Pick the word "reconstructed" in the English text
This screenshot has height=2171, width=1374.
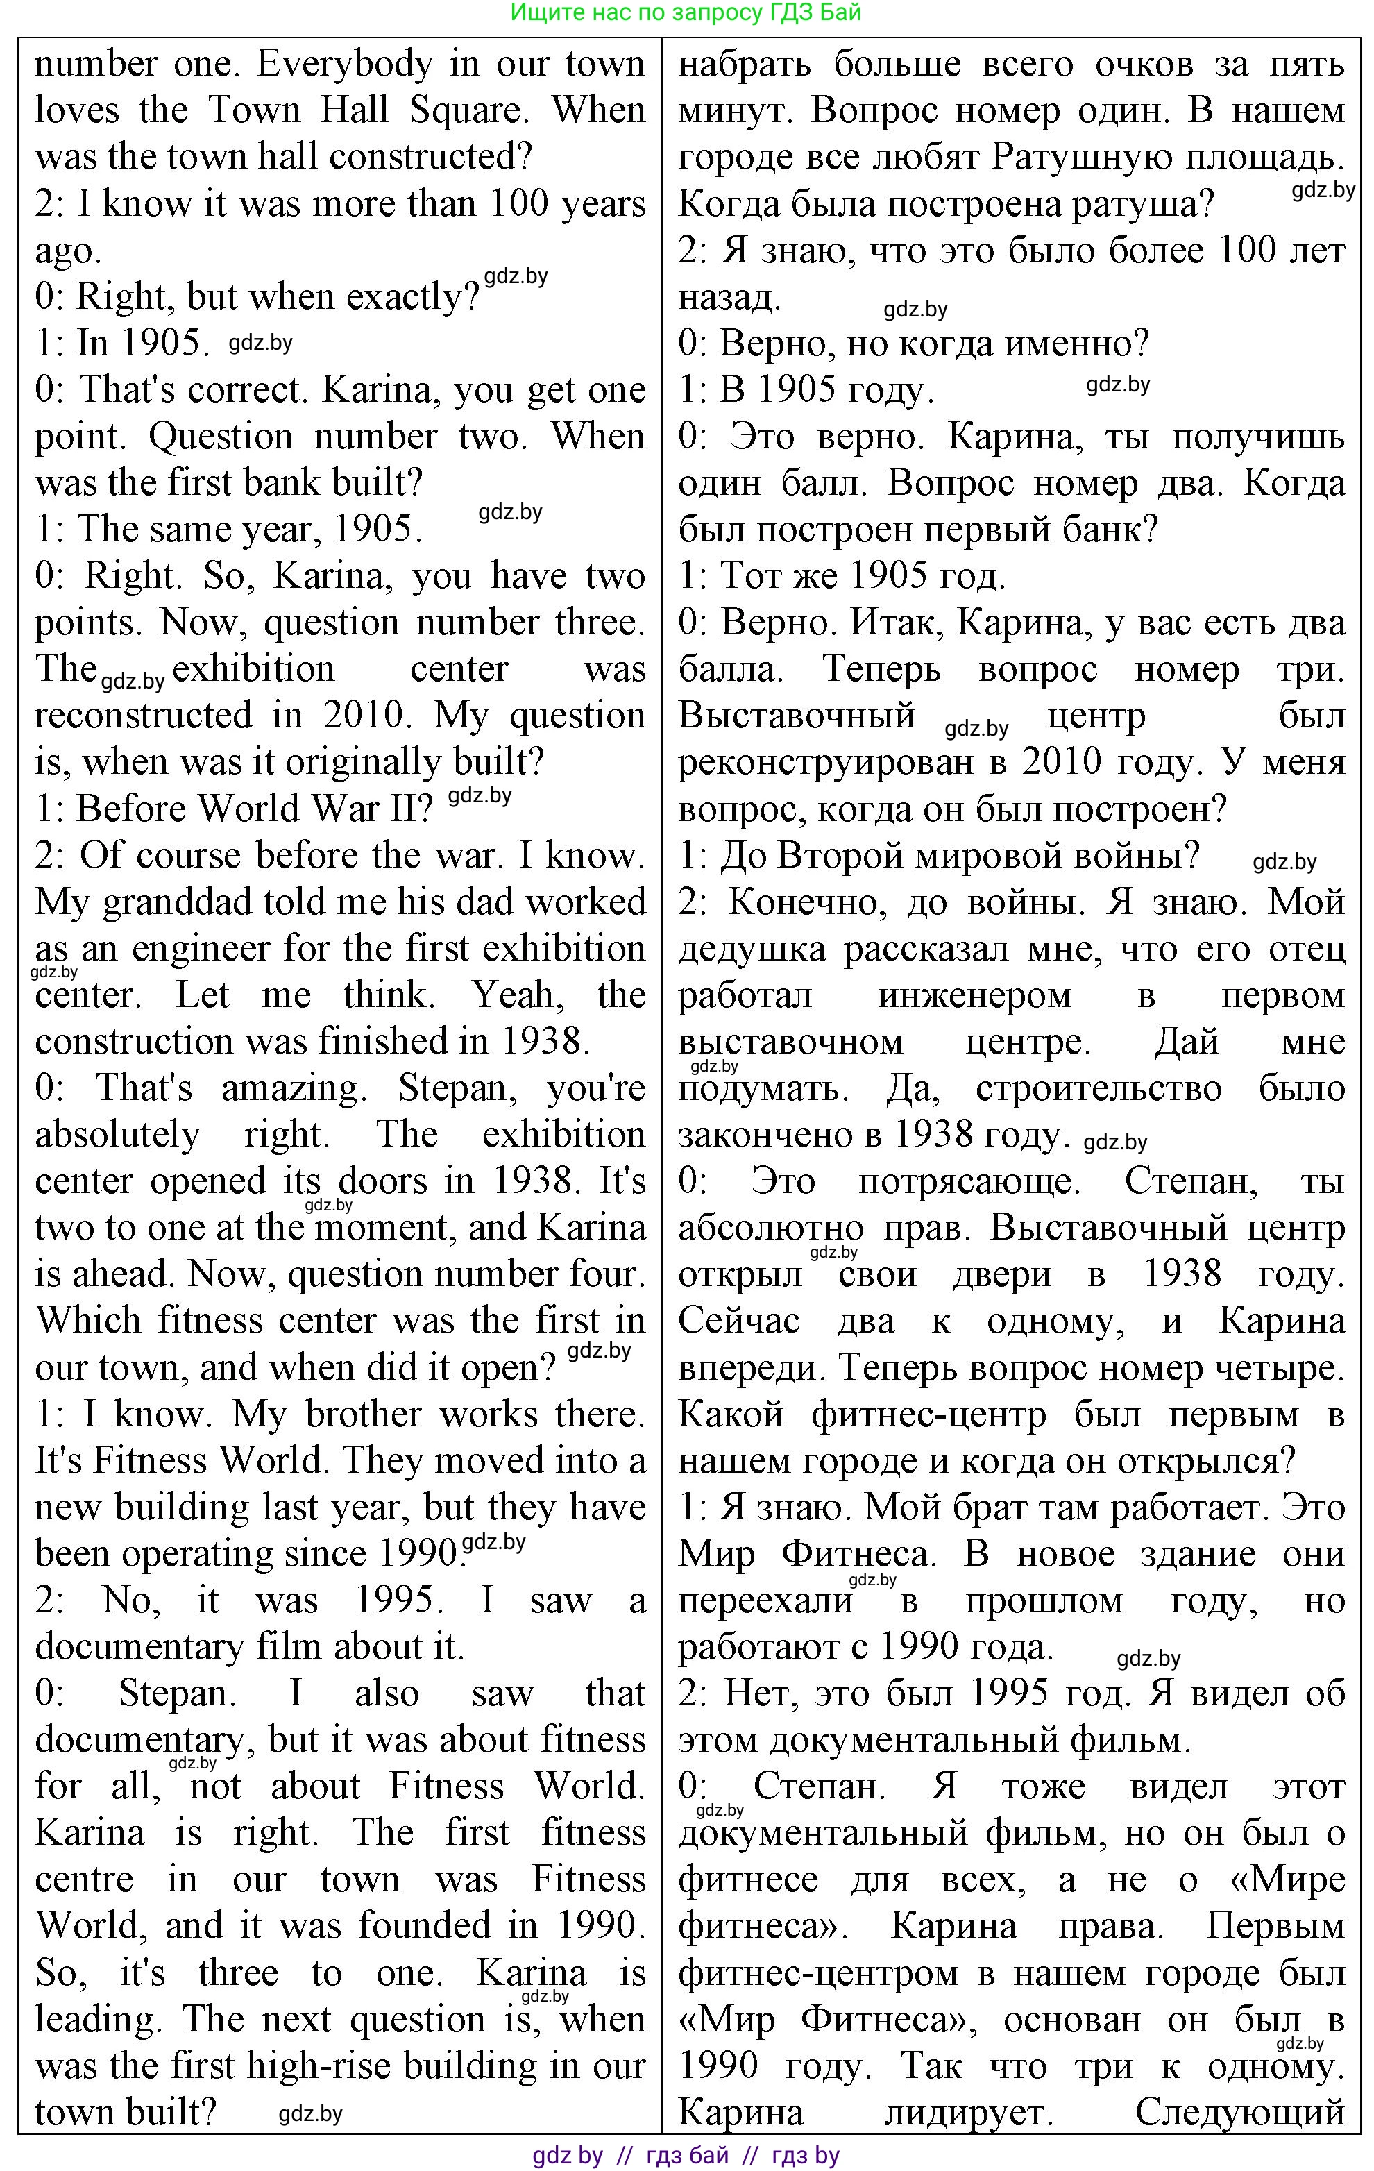(x=144, y=716)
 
